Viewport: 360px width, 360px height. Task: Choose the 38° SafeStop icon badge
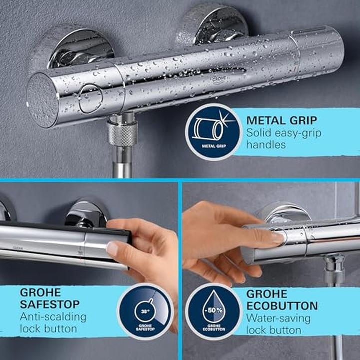coord(145,311)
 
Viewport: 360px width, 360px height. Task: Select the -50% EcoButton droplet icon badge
coord(213,311)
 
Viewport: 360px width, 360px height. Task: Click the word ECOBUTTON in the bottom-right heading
coord(283,306)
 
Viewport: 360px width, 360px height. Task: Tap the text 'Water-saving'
coord(278,318)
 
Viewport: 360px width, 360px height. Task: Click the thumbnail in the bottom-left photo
coord(113,248)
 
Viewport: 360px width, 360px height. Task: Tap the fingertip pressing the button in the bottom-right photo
coord(276,238)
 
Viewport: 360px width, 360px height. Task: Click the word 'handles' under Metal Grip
coord(266,145)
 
